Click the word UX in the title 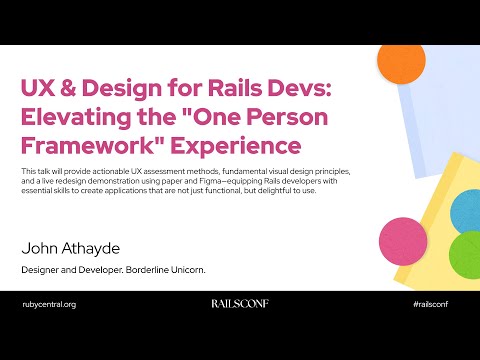pyautogui.click(x=38, y=88)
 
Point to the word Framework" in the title pyautogui.click(x=87, y=144)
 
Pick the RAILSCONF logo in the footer pyautogui.click(x=240, y=303)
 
